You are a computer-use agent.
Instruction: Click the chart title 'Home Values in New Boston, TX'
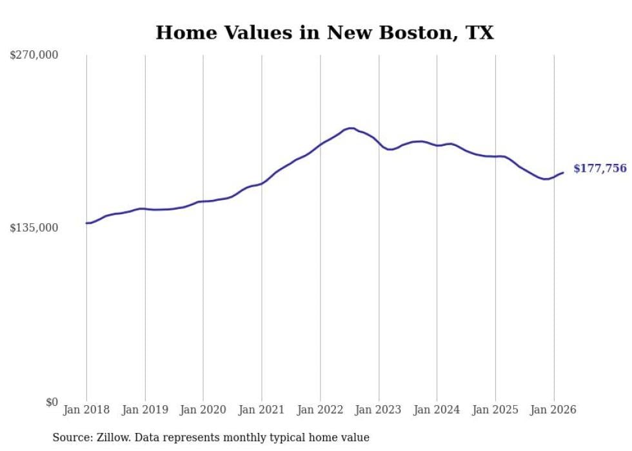[x=324, y=32]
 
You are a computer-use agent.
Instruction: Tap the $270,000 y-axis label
[x=34, y=55]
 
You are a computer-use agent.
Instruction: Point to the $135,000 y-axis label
[x=34, y=228]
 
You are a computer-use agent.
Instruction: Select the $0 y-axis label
[x=52, y=402]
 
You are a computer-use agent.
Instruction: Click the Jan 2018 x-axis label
[x=86, y=410]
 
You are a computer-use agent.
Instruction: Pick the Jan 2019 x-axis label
[x=145, y=410]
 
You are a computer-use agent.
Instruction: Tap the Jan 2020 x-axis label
[x=203, y=410]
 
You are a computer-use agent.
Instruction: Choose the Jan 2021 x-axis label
[x=262, y=410]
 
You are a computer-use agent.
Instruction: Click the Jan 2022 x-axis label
[x=321, y=410]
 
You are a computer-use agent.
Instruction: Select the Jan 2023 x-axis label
[x=379, y=410]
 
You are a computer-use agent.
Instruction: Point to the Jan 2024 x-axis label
[x=437, y=410]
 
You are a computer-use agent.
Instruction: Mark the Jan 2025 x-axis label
[x=495, y=410]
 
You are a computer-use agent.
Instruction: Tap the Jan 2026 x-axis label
[x=554, y=410]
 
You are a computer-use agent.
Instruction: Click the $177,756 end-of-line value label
[x=600, y=168]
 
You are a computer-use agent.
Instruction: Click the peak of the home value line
[x=350, y=128]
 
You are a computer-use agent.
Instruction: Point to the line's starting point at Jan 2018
[x=86, y=223]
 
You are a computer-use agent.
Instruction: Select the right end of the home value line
[x=564, y=172]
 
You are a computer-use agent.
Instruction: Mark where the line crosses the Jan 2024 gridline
[x=437, y=146]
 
